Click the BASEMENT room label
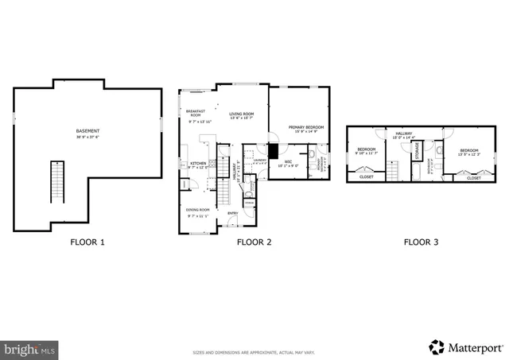(87, 131)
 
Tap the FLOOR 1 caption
(87, 242)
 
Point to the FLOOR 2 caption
(254, 242)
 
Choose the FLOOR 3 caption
(421, 242)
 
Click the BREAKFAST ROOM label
(195, 114)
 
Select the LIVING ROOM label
(242, 114)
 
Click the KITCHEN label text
(197, 163)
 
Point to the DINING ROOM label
(197, 211)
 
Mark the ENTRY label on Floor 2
(233, 213)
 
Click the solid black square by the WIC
(273, 149)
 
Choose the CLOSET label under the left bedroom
(366, 177)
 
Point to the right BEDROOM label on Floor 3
(468, 150)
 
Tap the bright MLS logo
(29, 348)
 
